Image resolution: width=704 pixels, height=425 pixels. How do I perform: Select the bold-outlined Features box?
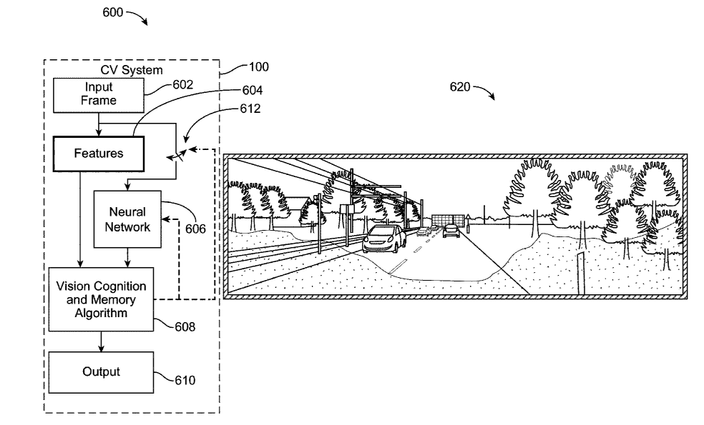[99, 153]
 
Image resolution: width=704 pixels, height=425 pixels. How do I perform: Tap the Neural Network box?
[127, 219]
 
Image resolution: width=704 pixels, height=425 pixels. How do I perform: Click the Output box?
[100, 372]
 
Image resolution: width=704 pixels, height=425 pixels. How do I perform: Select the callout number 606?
[195, 229]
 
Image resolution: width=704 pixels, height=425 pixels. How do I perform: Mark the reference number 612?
[251, 109]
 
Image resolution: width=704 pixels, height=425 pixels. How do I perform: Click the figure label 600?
[113, 13]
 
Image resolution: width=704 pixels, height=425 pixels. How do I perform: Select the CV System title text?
[131, 70]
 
